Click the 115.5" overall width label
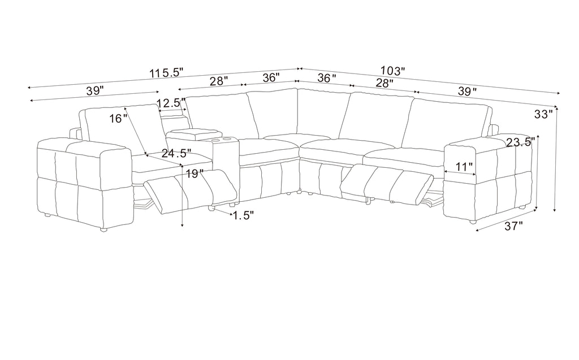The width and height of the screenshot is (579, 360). [x=166, y=73]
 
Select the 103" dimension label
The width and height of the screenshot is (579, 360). [x=393, y=71]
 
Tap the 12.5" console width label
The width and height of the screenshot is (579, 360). [x=171, y=103]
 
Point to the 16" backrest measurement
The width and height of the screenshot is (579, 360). [x=118, y=119]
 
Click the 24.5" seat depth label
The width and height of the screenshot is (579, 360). [x=176, y=153]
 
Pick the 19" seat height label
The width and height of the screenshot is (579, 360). [x=195, y=173]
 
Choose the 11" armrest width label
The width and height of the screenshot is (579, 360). [x=463, y=167]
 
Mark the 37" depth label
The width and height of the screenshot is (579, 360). [x=514, y=226]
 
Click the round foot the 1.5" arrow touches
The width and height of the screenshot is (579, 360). [x=211, y=209]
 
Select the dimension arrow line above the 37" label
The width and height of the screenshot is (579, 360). [x=506, y=220]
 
